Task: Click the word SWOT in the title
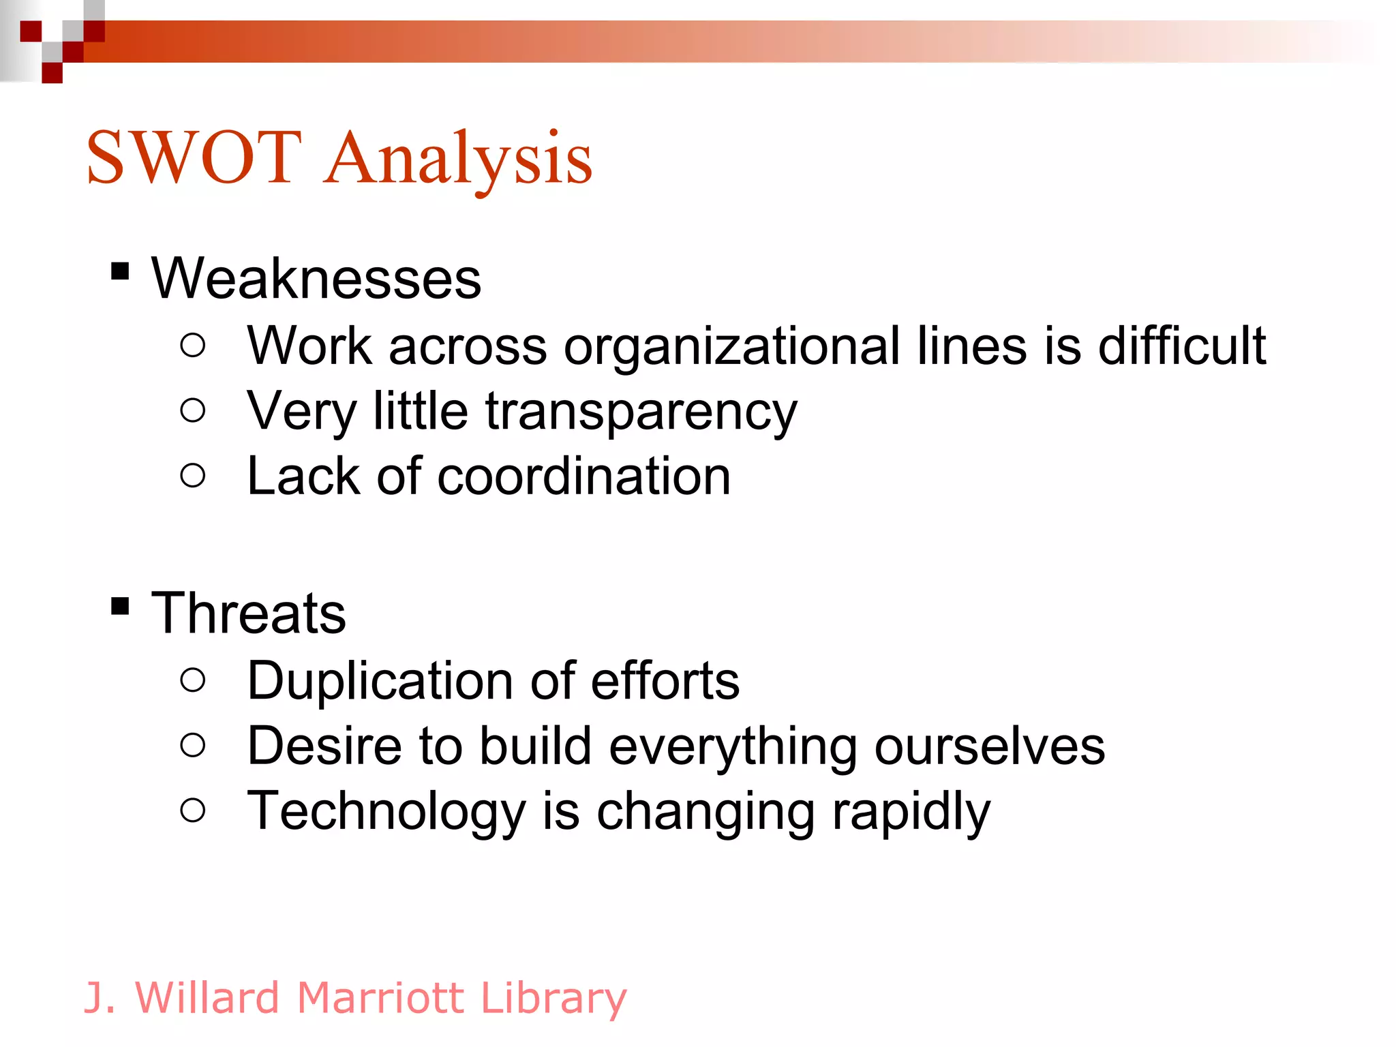(194, 158)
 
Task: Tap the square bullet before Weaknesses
(120, 271)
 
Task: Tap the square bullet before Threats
(120, 605)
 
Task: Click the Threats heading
(248, 613)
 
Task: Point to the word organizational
(731, 346)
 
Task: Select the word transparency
(641, 412)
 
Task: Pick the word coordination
(583, 476)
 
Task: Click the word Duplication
(380, 680)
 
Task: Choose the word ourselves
(989, 746)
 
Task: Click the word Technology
(386, 811)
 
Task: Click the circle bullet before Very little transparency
(193, 410)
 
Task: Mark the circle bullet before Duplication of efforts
(193, 679)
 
